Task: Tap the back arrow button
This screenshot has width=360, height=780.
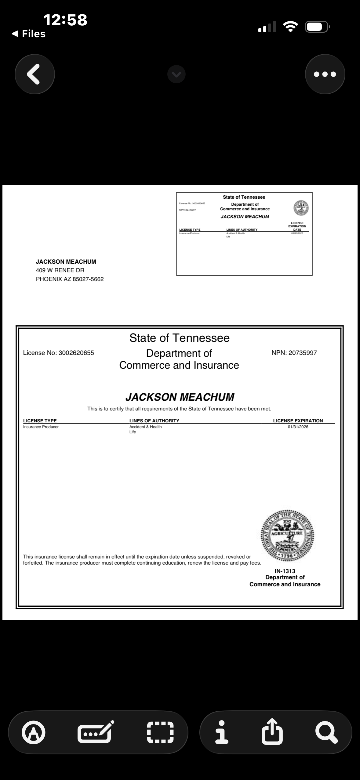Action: pyautogui.click(x=35, y=74)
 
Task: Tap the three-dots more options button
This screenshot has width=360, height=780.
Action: pyautogui.click(x=325, y=74)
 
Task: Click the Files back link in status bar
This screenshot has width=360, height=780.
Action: pyautogui.click(x=29, y=34)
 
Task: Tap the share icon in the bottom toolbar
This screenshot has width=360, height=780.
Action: pyautogui.click(x=272, y=732)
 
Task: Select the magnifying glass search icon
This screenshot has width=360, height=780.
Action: pyautogui.click(x=326, y=732)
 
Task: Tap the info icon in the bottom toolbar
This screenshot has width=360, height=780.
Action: pyautogui.click(x=222, y=732)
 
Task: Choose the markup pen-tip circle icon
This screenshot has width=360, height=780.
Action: pyautogui.click(x=33, y=732)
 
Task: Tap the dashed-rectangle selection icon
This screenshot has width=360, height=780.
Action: pyautogui.click(x=160, y=732)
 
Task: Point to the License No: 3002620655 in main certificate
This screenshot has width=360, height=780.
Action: pyautogui.click(x=59, y=353)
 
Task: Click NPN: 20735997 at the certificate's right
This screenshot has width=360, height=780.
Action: pyautogui.click(x=294, y=353)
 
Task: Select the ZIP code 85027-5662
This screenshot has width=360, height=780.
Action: pyautogui.click(x=88, y=279)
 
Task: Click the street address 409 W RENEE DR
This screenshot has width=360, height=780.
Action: pyautogui.click(x=60, y=270)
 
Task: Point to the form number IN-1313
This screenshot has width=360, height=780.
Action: pyautogui.click(x=285, y=571)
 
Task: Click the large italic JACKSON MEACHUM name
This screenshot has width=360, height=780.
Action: pyautogui.click(x=180, y=397)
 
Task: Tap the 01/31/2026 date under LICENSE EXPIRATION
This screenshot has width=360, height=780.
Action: pyautogui.click(x=298, y=427)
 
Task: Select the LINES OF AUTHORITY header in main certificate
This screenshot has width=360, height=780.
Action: pyautogui.click(x=154, y=421)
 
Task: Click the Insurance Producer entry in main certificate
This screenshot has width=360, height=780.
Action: pyautogui.click(x=41, y=427)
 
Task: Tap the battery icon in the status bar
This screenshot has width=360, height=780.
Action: pyautogui.click(x=317, y=27)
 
